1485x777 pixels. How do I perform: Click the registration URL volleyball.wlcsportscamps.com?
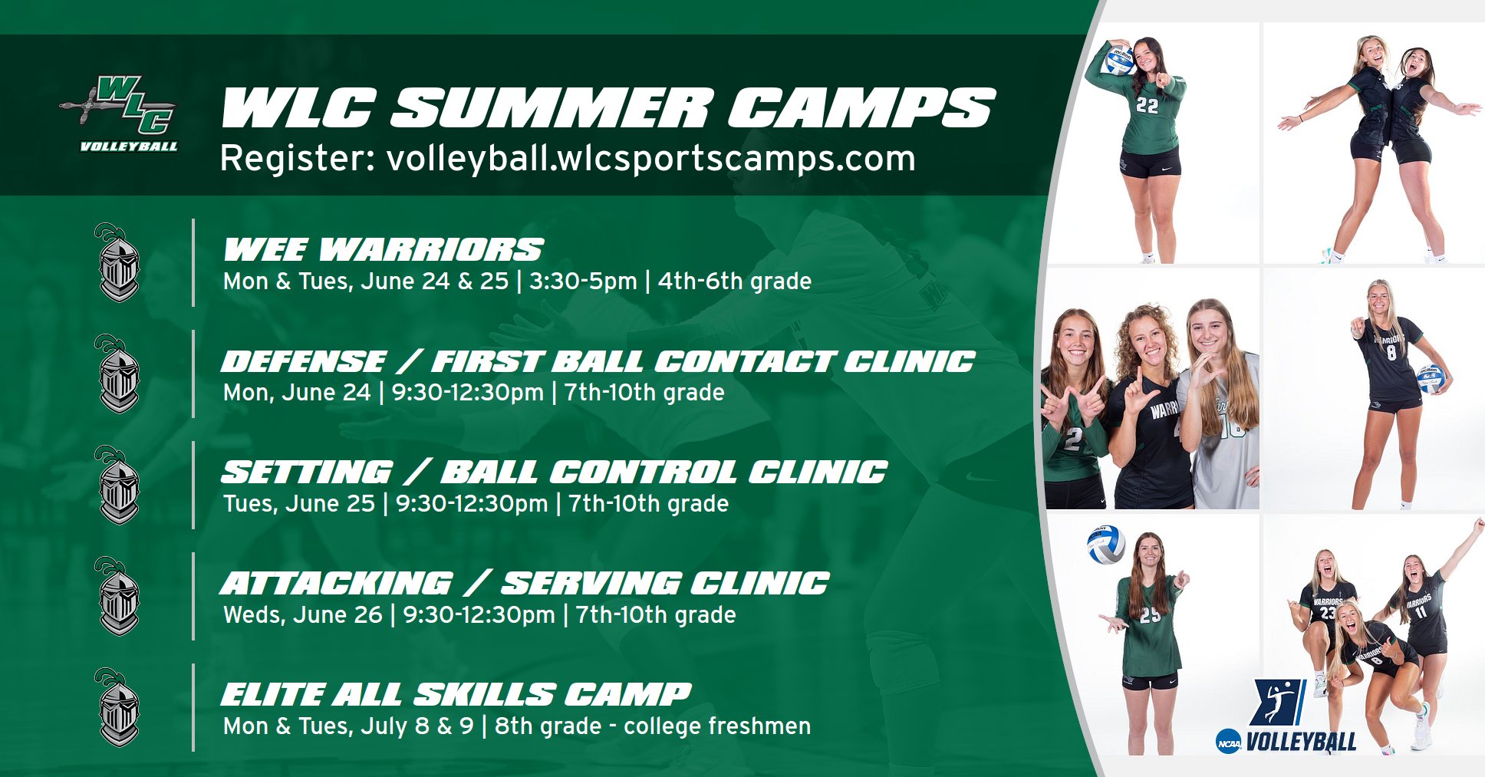[x=651, y=159]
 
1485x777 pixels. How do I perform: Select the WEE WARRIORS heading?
[x=383, y=250]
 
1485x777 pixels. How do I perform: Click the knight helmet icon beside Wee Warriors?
[x=117, y=262]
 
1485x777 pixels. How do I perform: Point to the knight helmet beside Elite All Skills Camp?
[x=117, y=707]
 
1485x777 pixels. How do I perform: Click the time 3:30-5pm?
[x=583, y=281]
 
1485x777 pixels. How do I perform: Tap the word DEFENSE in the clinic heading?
[x=304, y=361]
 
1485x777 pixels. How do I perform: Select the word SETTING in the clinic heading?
[x=307, y=472]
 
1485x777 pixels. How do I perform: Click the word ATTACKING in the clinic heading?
[x=337, y=584]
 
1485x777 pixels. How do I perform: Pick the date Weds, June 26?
[x=302, y=615]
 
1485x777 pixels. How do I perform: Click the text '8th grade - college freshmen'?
[x=653, y=726]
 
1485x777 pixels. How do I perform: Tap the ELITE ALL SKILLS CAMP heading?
[x=456, y=695]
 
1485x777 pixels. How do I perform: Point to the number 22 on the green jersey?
[x=1147, y=106]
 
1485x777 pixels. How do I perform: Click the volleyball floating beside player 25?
[x=1105, y=545]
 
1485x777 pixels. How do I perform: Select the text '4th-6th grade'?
[x=735, y=281]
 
